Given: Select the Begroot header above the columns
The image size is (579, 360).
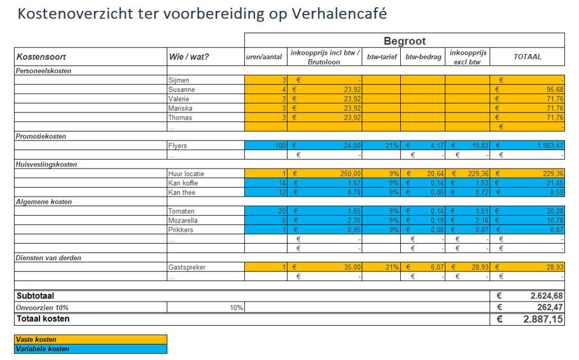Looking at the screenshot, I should (x=404, y=41).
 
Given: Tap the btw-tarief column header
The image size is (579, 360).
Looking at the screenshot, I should (x=382, y=57).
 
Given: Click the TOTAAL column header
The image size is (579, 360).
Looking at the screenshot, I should (x=527, y=57).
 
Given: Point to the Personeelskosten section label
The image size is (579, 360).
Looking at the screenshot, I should (x=44, y=71).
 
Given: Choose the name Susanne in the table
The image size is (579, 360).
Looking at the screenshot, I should (x=181, y=90).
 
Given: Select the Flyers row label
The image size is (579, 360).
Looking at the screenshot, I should (x=178, y=146).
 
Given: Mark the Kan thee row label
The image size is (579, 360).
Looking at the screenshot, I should (x=182, y=192).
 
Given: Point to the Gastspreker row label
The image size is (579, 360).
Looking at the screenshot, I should (x=186, y=267).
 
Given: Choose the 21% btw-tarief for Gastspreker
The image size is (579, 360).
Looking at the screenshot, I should (x=391, y=267).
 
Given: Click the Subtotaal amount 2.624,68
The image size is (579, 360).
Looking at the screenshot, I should (x=546, y=296).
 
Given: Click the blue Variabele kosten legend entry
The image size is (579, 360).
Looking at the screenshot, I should (x=90, y=349).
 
